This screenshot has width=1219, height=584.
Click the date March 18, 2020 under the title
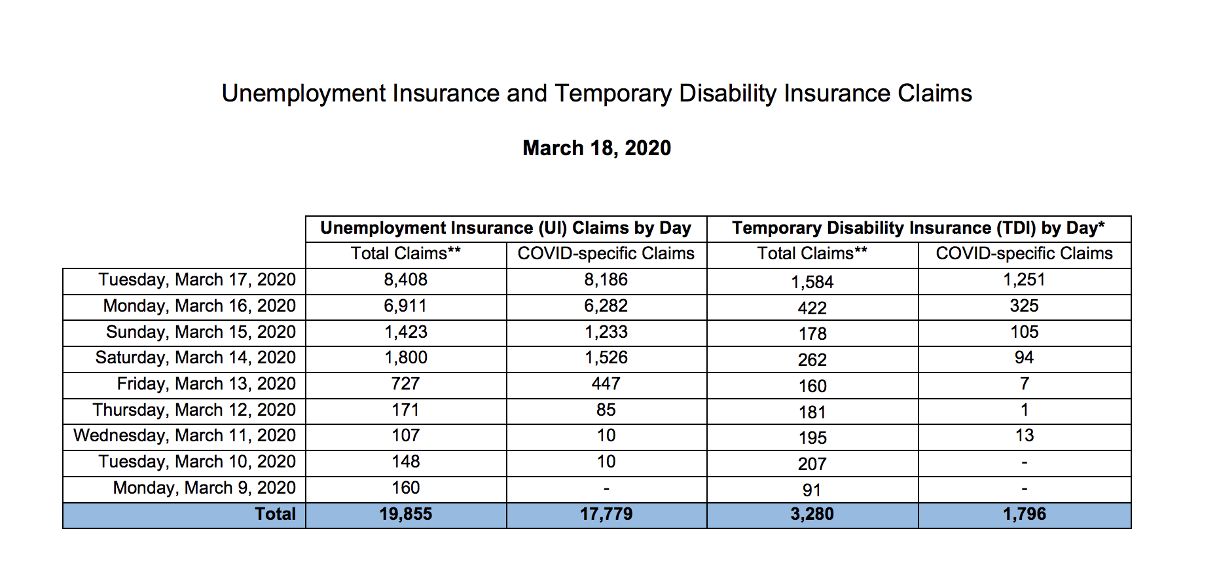(x=596, y=148)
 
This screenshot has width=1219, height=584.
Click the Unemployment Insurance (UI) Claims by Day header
(x=505, y=228)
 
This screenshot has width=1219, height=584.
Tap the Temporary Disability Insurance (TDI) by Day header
(x=918, y=228)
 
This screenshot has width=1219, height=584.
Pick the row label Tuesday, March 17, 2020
(x=197, y=280)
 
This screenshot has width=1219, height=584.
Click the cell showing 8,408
(x=405, y=280)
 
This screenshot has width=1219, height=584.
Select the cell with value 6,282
(x=606, y=306)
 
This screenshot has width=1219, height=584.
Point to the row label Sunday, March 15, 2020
(x=201, y=332)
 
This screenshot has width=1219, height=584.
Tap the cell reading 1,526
(x=606, y=357)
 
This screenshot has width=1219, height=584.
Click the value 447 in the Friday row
(x=606, y=384)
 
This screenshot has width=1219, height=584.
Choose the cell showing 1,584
(x=812, y=282)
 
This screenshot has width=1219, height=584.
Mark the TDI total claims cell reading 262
(x=812, y=360)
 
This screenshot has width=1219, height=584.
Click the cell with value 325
(x=1024, y=306)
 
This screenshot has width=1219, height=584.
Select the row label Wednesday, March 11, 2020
(x=185, y=435)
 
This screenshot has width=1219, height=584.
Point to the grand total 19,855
(x=405, y=514)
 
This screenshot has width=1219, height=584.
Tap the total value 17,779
(x=606, y=514)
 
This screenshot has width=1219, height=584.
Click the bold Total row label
(x=275, y=514)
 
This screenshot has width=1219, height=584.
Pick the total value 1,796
(x=1024, y=514)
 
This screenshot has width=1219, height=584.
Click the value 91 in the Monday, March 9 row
(x=812, y=490)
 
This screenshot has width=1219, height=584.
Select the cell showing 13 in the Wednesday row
(x=1024, y=435)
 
